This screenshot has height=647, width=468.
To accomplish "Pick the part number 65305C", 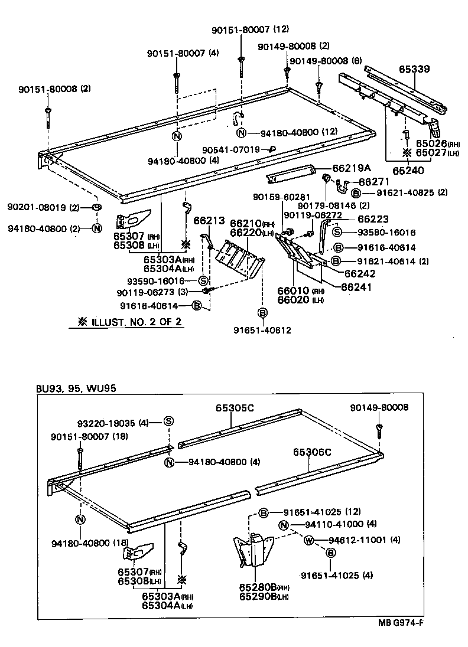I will click(235, 408).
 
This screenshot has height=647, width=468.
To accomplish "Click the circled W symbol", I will click(308, 540).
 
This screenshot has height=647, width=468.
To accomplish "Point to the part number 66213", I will click(210, 221).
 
